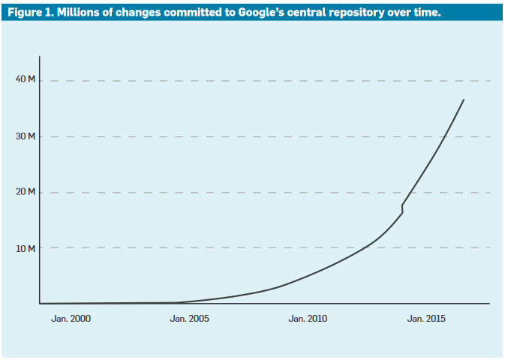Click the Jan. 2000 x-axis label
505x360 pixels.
(71, 319)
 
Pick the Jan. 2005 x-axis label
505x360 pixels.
(190, 319)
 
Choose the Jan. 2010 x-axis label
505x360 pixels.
(308, 319)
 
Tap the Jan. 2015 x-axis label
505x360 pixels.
(426, 319)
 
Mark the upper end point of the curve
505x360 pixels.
(464, 99)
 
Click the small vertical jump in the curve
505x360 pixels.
(402, 208)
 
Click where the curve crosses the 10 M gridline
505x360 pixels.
(370, 247)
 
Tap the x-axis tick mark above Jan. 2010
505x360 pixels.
(308, 304)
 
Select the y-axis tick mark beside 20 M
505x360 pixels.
(40, 192)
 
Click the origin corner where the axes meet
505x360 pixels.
(40, 304)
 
